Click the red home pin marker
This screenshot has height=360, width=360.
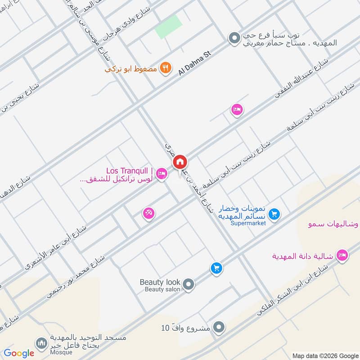(x=180, y=161)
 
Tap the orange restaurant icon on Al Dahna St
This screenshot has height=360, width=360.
(x=166, y=68)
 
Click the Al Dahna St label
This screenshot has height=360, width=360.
(x=194, y=63)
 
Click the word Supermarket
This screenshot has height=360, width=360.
(x=248, y=223)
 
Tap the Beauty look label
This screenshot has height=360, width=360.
(x=160, y=282)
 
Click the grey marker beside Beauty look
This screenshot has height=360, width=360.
(x=189, y=284)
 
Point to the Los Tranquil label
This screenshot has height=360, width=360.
(x=130, y=171)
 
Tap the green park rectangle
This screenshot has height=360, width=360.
(x=168, y=27)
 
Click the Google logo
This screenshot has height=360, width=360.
(x=19, y=353)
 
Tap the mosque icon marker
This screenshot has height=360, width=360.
(x=42, y=343)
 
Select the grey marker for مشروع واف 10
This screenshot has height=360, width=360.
(x=219, y=327)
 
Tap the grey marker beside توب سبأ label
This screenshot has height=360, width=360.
(x=234, y=39)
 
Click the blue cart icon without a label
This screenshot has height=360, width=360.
(x=216, y=268)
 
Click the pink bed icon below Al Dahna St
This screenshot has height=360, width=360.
(x=237, y=109)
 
